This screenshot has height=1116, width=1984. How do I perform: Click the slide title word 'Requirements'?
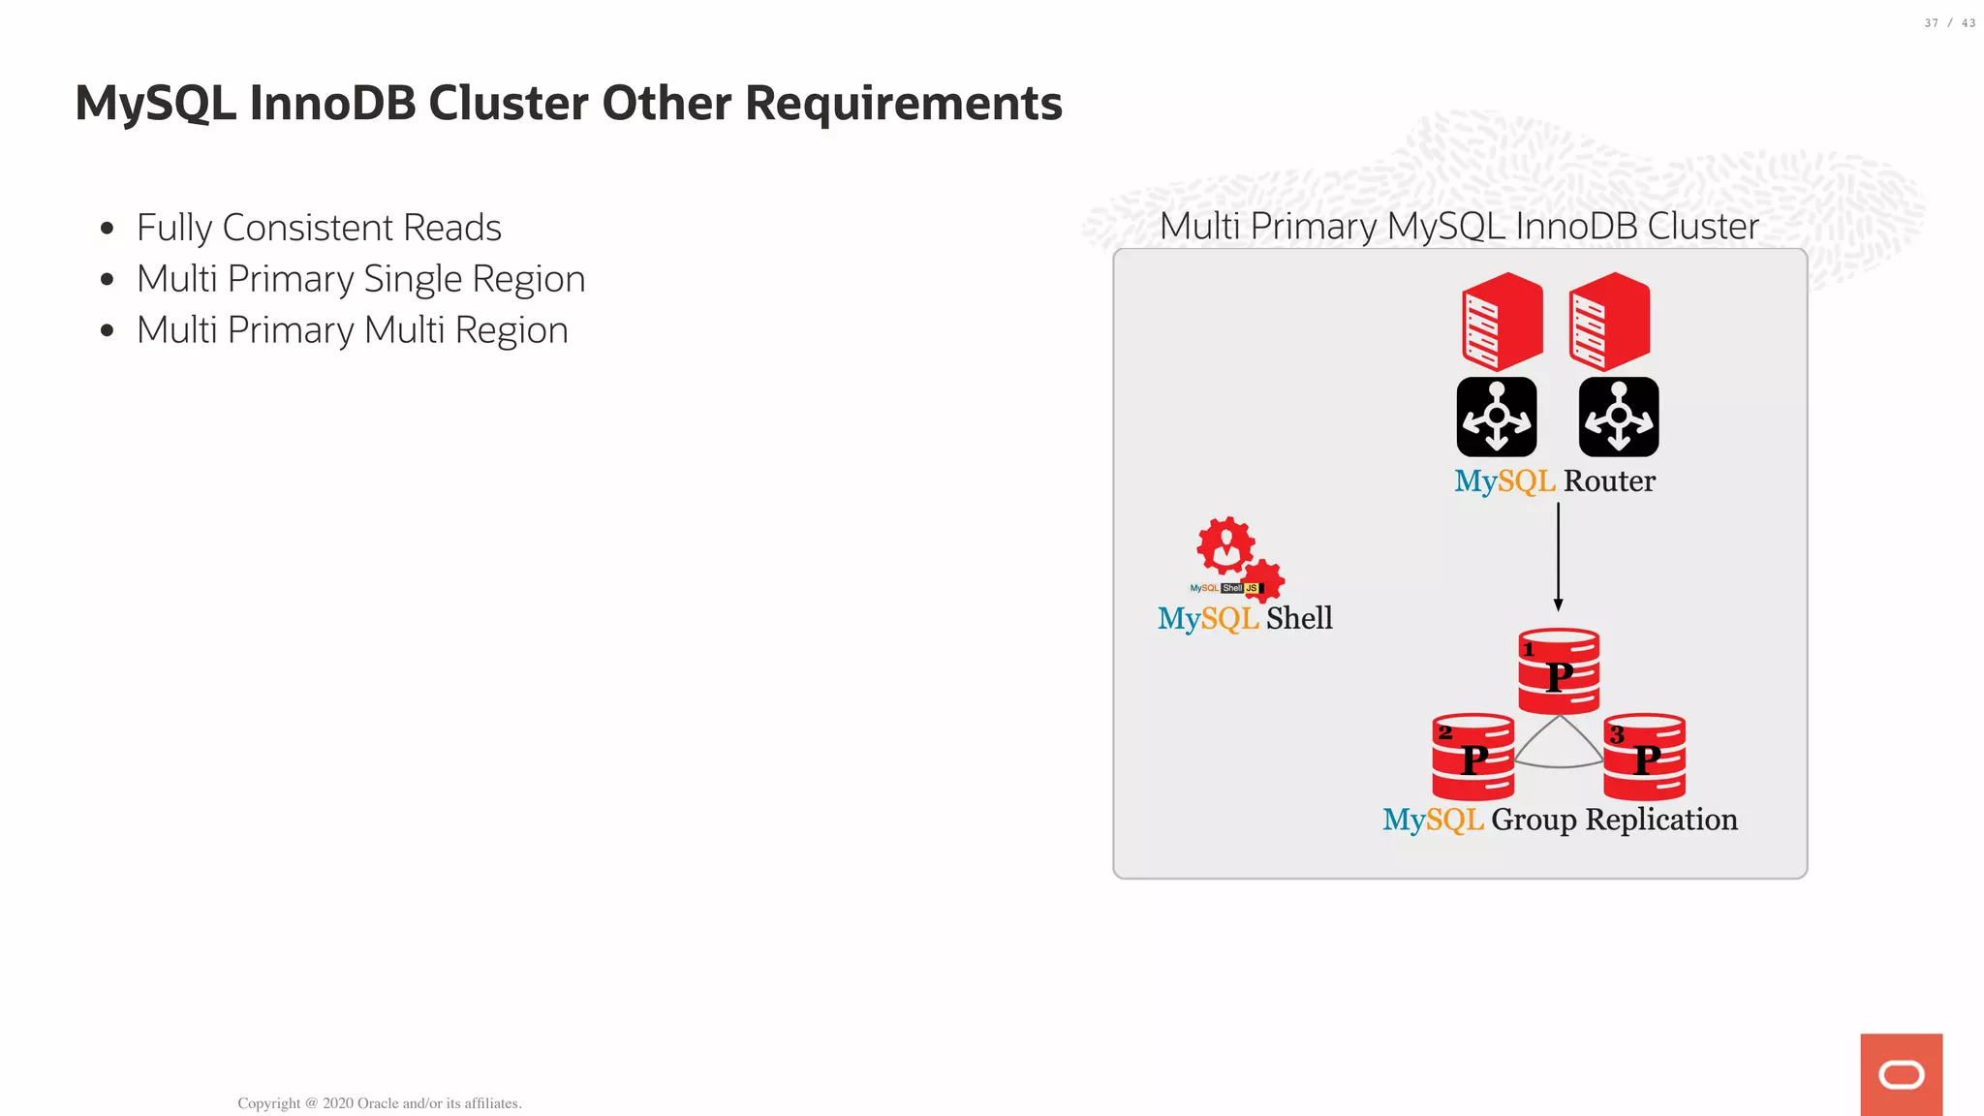[x=903, y=103]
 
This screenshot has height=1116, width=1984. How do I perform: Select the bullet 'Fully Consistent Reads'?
[x=319, y=228]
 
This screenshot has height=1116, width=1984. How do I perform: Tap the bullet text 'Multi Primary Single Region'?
[x=360, y=279]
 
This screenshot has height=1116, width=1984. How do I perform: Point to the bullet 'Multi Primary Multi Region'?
[x=352, y=330]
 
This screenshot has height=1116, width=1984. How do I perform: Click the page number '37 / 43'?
[x=1949, y=23]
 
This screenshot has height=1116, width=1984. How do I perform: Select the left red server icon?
[x=1502, y=322]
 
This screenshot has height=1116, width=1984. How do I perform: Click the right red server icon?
[x=1609, y=322]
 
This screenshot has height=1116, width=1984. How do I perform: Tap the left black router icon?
[x=1497, y=417]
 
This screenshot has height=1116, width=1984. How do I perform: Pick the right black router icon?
[x=1619, y=417]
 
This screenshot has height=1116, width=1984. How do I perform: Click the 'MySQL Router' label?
[x=1555, y=480]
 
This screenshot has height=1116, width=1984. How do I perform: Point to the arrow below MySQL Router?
[x=1558, y=557]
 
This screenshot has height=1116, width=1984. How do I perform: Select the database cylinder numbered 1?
[x=1559, y=671]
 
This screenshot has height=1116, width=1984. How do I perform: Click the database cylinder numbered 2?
[x=1472, y=757]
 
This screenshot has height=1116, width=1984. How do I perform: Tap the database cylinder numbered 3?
[x=1645, y=757]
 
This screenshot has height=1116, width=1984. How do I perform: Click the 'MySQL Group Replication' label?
[x=1560, y=820]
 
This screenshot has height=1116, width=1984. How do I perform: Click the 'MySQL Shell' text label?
[x=1245, y=618]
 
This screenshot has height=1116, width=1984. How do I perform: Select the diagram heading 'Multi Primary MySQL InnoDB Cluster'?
[x=1459, y=226]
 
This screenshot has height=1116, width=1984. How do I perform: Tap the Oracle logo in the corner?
[x=1901, y=1074]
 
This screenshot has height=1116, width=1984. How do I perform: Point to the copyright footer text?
[x=380, y=1103]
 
